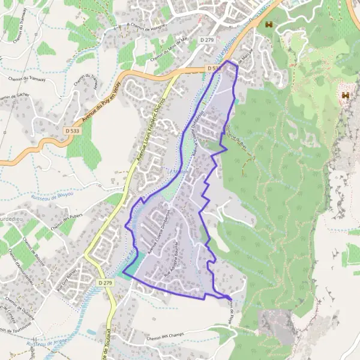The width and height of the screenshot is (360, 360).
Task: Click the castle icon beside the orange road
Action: tap(268, 25)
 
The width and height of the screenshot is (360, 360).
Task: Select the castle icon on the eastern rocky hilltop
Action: tap(346, 95)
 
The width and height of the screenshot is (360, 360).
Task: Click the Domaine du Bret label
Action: tap(236, 128)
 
